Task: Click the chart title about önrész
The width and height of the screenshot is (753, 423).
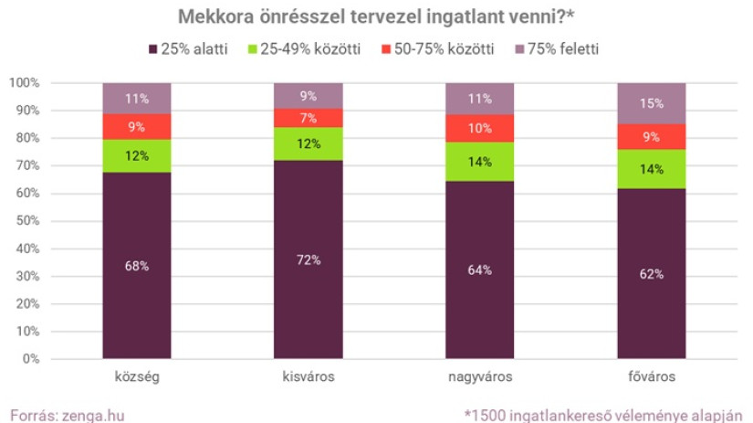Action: [x=376, y=16]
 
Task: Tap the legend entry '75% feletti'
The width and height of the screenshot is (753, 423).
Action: [x=567, y=48]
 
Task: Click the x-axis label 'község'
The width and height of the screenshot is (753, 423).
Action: [x=137, y=376]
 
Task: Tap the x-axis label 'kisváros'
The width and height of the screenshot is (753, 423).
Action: [x=309, y=376]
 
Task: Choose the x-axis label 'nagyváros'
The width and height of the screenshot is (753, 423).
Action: [x=480, y=376]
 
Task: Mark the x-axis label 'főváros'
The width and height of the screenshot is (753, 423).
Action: [x=652, y=376]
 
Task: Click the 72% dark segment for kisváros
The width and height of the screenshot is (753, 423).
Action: [x=309, y=259]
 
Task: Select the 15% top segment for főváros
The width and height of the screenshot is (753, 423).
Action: [x=652, y=103]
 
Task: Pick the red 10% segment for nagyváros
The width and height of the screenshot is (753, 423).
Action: [x=480, y=128]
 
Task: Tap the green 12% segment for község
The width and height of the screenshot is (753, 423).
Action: [x=137, y=154]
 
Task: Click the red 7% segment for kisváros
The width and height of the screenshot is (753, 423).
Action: [x=309, y=118]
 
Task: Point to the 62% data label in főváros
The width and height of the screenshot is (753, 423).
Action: [x=652, y=273]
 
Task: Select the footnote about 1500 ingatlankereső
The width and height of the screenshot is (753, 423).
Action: [x=603, y=414]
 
